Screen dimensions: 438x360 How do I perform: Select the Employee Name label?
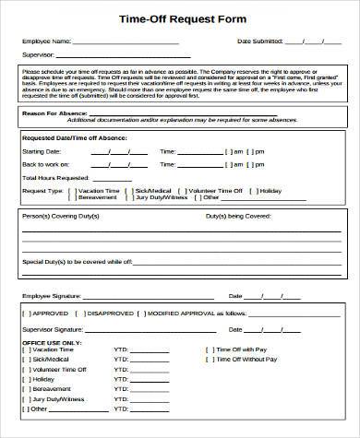44,41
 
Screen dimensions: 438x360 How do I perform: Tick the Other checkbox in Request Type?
197,196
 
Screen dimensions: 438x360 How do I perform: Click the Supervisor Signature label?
53,328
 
